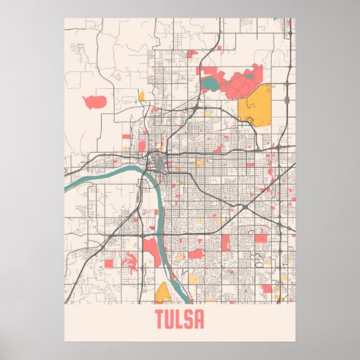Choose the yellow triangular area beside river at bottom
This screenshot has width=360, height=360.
coord(163,293)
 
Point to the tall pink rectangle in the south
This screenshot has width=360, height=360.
coord(226,243)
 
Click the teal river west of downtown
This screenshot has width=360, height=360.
coord(102,178)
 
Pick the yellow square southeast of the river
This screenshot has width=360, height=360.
coord(194,278)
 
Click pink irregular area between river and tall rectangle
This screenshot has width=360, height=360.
coord(196,254)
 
